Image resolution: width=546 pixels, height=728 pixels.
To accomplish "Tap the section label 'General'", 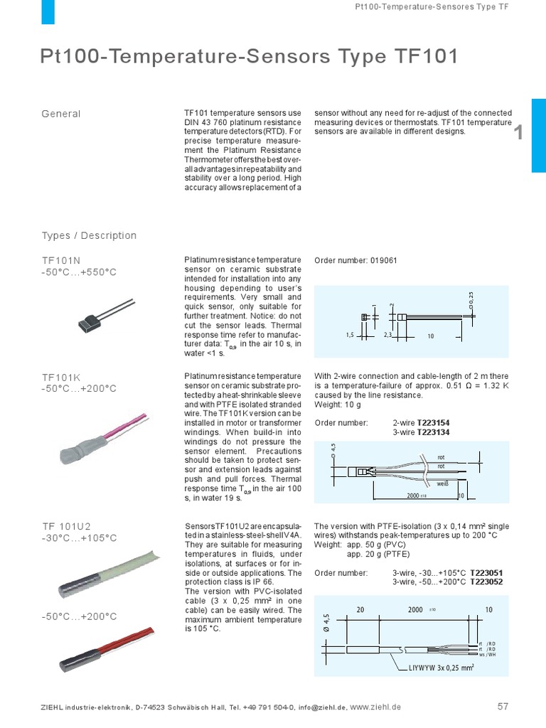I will click(x=61, y=114).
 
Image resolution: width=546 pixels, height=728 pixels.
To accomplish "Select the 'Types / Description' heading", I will click(x=89, y=235).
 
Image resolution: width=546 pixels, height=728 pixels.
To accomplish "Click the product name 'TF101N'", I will click(x=62, y=260).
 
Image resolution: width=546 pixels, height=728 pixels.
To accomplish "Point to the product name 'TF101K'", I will click(x=62, y=378).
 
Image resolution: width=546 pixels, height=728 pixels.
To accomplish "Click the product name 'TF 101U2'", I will click(x=67, y=526).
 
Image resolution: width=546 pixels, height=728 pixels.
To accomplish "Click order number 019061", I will click(x=383, y=260).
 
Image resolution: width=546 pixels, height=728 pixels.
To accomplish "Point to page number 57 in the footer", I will click(x=503, y=707).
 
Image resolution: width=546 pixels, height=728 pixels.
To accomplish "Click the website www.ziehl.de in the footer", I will click(x=376, y=707).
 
